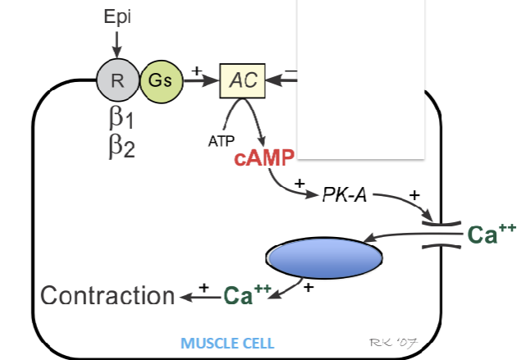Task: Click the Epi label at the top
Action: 116,17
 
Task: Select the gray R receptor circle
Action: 117,80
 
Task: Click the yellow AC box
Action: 242,80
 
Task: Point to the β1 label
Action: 121,118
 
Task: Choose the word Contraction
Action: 107,295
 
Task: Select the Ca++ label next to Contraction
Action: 247,294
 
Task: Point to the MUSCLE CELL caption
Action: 227,342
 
